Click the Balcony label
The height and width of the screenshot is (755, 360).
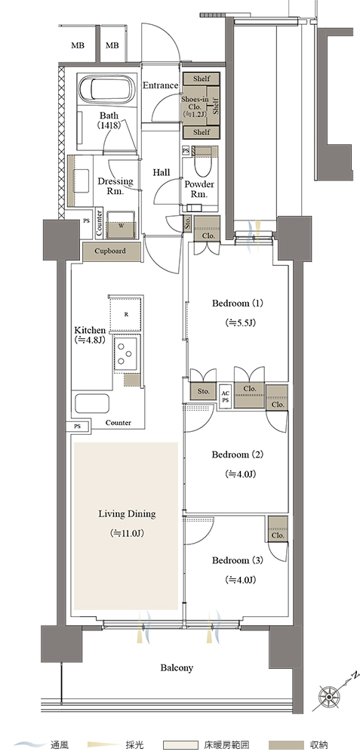(x=177, y=668)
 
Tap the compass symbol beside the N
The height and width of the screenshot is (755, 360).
(x=330, y=696)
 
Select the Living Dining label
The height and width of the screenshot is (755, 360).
(x=127, y=514)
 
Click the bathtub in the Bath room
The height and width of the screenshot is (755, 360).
(x=107, y=88)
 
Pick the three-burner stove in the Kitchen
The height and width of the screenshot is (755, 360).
(x=125, y=353)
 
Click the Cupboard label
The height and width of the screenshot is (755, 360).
(x=110, y=251)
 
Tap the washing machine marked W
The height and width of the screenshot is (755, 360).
(x=120, y=224)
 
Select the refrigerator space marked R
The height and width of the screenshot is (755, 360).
(x=127, y=314)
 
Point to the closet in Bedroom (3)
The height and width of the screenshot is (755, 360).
(x=278, y=530)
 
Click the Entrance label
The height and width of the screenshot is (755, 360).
(x=160, y=85)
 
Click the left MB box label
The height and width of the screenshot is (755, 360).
(x=78, y=46)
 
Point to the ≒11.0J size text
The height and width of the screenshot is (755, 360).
(x=127, y=534)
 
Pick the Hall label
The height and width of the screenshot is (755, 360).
(x=162, y=172)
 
